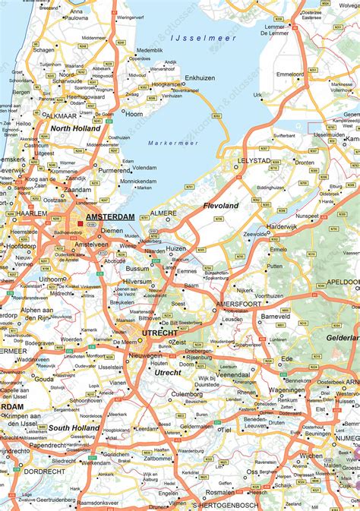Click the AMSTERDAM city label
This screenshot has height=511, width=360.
pos(110,217)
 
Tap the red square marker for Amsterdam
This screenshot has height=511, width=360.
pos(81,223)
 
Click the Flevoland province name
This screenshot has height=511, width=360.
pos(221,206)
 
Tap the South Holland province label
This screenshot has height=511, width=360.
pos(74,428)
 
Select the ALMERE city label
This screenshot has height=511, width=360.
pos(163,213)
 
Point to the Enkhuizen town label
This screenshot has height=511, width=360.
pos(200,78)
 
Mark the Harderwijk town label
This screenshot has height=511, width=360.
pos(282,226)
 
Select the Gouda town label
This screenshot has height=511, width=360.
pos(44,377)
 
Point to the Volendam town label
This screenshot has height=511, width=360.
pos(144,168)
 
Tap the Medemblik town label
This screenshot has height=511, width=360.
pos(150,50)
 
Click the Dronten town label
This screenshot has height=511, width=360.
pos(305,162)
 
